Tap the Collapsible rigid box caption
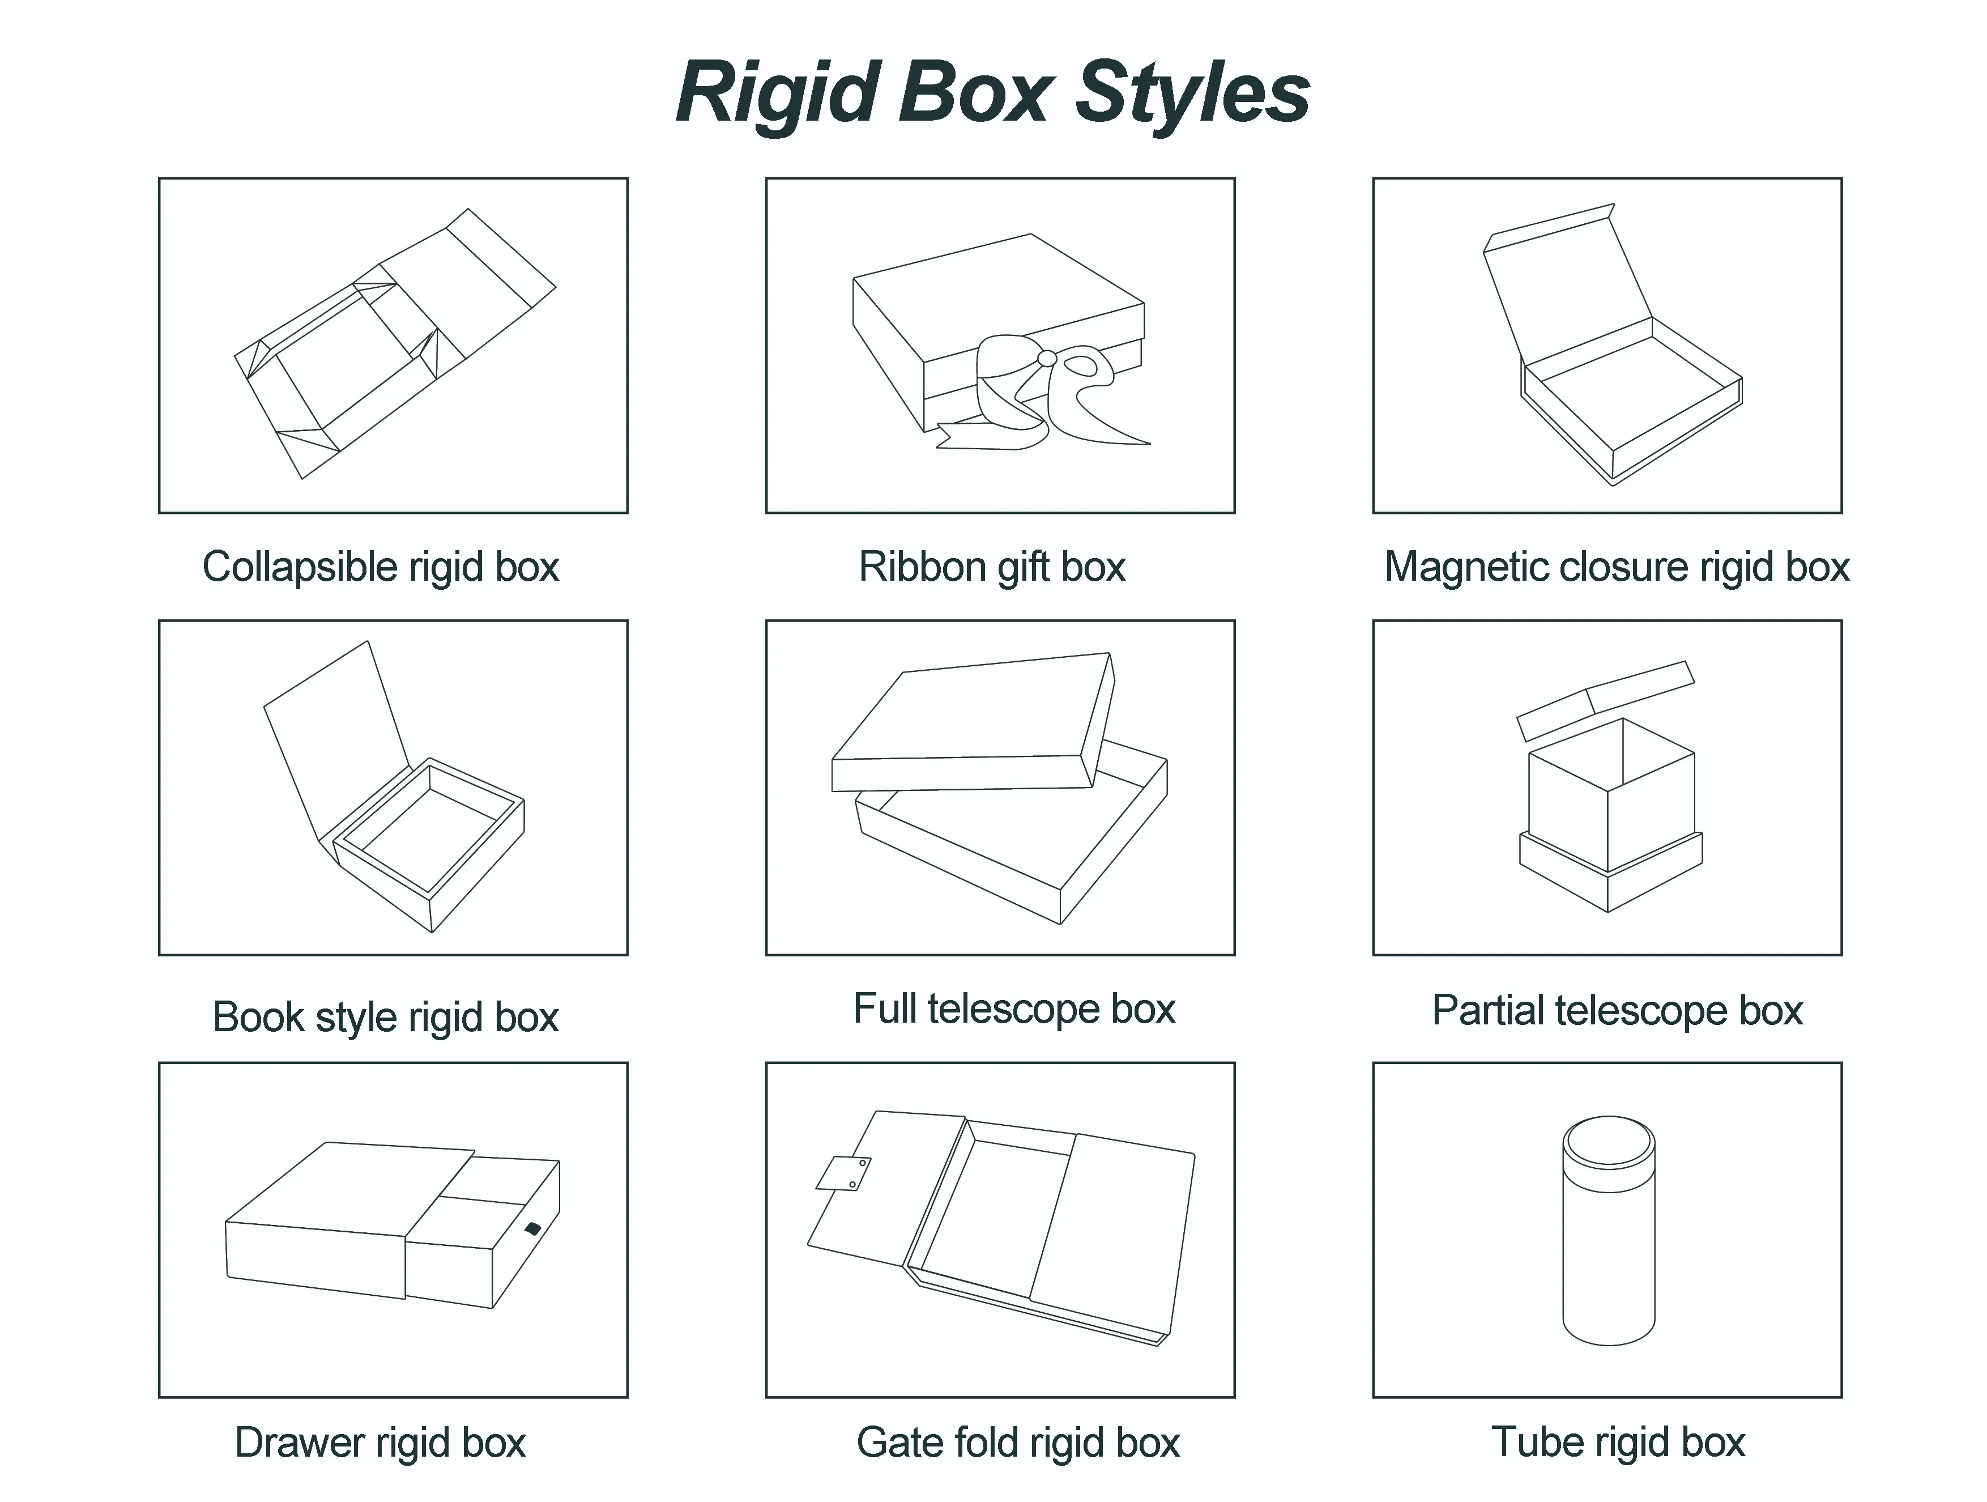click(x=381, y=567)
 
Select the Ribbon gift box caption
click(x=992, y=567)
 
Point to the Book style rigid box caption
click(x=385, y=1017)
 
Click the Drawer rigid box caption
click(x=380, y=1442)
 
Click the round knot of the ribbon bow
click(x=1047, y=358)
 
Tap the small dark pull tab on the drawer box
click(x=532, y=1228)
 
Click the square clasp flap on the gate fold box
click(x=845, y=1173)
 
